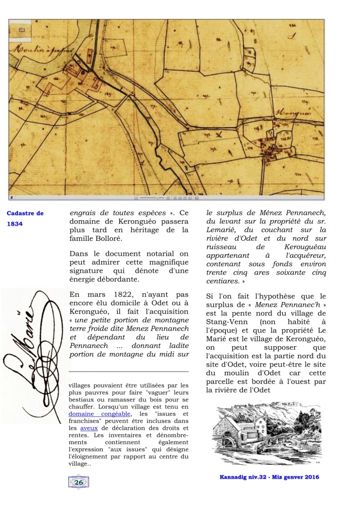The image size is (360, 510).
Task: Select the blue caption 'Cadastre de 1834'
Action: (25, 218)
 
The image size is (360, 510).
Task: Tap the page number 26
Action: (79, 482)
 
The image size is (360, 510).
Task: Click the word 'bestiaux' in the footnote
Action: (82, 399)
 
